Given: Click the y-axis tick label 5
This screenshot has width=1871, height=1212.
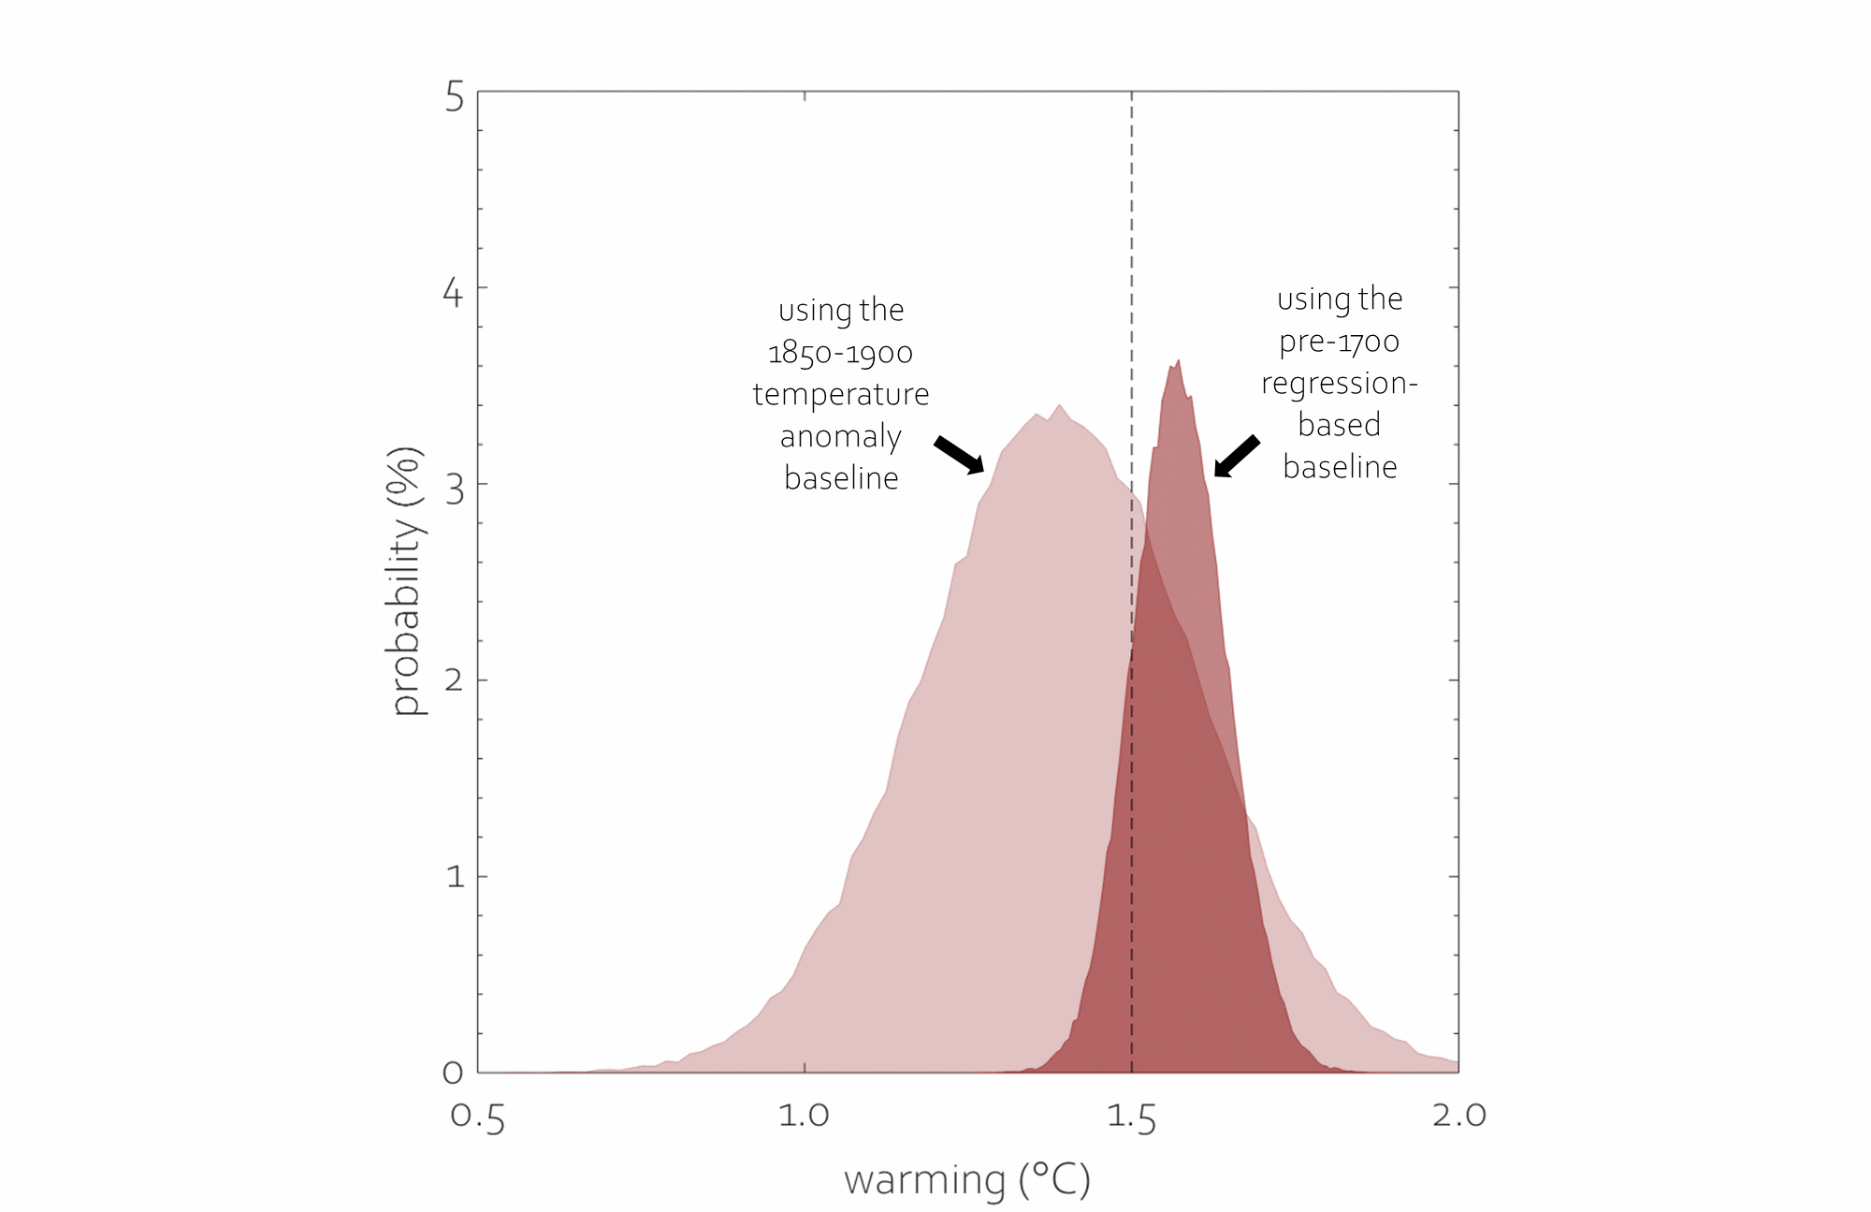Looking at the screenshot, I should pyautogui.click(x=455, y=97).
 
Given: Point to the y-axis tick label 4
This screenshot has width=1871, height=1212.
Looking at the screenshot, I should pyautogui.click(x=453, y=293).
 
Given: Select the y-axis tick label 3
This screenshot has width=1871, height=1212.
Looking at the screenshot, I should pyautogui.click(x=455, y=489).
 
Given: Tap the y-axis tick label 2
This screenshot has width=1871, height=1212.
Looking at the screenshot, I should pyautogui.click(x=454, y=680).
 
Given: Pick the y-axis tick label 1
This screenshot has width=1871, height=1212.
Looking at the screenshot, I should pyautogui.click(x=456, y=877).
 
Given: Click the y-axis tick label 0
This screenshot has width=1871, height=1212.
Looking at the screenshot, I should pyautogui.click(x=453, y=1073).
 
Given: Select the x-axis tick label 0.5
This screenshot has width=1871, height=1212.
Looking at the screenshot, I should pyautogui.click(x=478, y=1117).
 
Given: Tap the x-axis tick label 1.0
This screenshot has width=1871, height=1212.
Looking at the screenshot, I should pyautogui.click(x=805, y=1116).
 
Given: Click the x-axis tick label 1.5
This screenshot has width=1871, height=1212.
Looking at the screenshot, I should pyautogui.click(x=1131, y=1117).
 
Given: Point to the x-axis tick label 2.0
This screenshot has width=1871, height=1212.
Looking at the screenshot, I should pyautogui.click(x=1458, y=1116).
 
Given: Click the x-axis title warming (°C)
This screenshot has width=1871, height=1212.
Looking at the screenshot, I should pyautogui.click(x=967, y=1180).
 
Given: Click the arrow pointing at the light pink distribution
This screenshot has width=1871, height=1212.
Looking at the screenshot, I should pyautogui.click(x=959, y=455).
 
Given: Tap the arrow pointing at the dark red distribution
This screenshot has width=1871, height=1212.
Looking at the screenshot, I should pyautogui.click(x=1236, y=457).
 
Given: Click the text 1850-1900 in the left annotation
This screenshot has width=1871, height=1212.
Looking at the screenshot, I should pyautogui.click(x=840, y=354).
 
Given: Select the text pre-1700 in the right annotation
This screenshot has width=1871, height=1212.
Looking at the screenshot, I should pyautogui.click(x=1339, y=342).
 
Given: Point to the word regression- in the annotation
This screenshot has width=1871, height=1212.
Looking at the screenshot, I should pyautogui.click(x=1339, y=384).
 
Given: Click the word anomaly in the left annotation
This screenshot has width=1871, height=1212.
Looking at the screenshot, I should pyautogui.click(x=840, y=437).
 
